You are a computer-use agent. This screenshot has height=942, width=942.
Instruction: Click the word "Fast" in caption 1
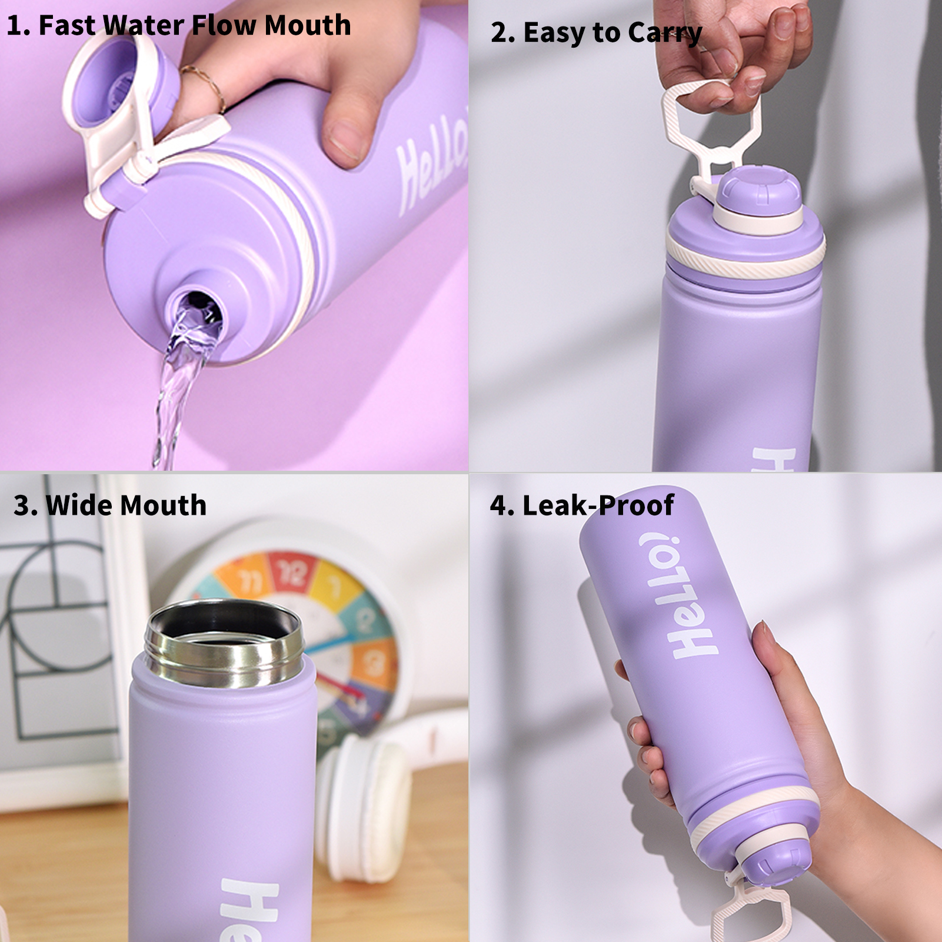pyautogui.click(x=66, y=25)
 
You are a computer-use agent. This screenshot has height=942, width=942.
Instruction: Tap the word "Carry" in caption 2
pyautogui.click(x=665, y=33)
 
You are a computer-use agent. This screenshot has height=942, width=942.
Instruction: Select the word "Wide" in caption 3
pyautogui.click(x=79, y=505)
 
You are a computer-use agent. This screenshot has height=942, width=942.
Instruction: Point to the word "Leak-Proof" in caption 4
pyautogui.click(x=598, y=505)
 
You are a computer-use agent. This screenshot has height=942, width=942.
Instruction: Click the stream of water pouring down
pyautogui.click(x=177, y=382)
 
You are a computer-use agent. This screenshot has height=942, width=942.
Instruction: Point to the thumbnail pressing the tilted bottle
pyautogui.click(x=347, y=142)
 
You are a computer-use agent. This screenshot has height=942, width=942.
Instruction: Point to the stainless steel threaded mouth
pyautogui.click(x=224, y=644)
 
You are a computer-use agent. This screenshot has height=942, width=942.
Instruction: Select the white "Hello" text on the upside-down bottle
pyautogui.click(x=677, y=594)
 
